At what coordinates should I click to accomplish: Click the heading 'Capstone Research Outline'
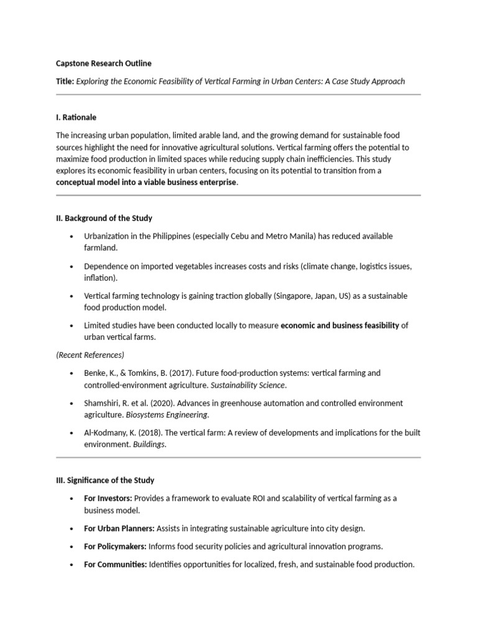(x=103, y=63)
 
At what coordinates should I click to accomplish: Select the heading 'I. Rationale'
(x=76, y=117)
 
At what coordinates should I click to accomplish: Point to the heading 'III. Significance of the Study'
(x=105, y=480)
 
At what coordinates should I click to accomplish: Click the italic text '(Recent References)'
(x=90, y=355)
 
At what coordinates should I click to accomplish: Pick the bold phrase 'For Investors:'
(x=108, y=498)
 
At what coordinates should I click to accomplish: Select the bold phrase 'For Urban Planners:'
(x=119, y=528)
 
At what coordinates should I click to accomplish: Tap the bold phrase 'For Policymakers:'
(x=115, y=547)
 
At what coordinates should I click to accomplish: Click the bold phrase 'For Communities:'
(x=115, y=564)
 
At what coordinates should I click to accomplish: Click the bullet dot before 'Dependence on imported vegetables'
(x=72, y=266)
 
